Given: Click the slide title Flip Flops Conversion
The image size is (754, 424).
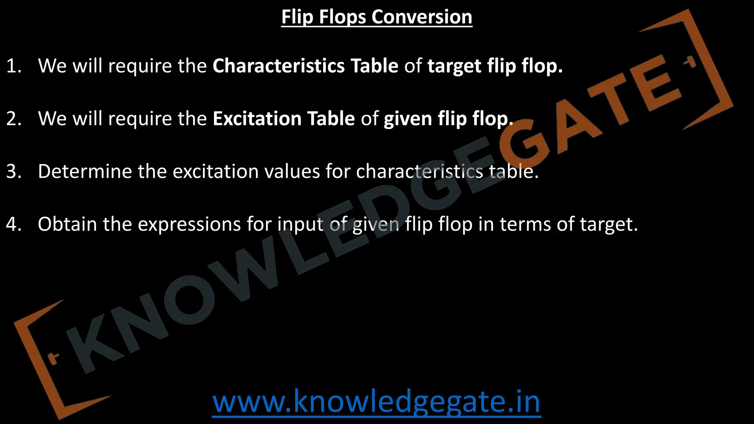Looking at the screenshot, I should pos(377,17).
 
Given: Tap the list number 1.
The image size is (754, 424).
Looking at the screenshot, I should pos(14,66).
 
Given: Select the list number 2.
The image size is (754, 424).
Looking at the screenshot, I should pos(14,119).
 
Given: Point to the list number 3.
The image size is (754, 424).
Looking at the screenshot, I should pos(14,172).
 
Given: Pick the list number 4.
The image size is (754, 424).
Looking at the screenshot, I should pos(14,224).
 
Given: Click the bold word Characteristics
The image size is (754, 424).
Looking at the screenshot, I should pos(278,66).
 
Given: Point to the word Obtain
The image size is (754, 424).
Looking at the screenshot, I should pos(67,224).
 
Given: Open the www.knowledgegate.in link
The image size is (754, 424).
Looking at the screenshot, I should pos(376,402).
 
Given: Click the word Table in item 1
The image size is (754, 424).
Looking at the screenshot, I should pos(374,66).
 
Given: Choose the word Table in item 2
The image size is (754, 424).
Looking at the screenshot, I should pos(331,119).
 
